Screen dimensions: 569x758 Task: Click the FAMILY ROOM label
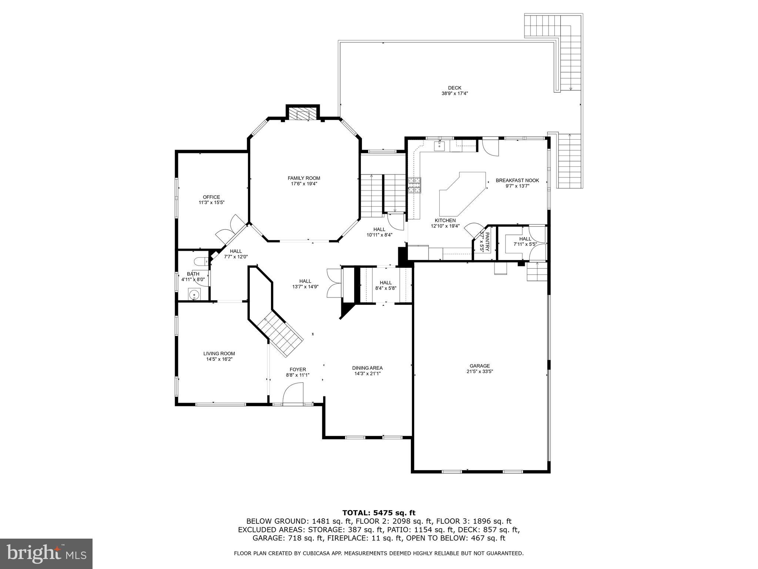[304, 178]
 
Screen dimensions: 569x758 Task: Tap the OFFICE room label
[211, 197]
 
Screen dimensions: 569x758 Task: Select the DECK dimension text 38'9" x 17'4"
[454, 94]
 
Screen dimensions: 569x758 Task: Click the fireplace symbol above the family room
[302, 114]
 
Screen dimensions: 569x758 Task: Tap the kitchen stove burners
[414, 185]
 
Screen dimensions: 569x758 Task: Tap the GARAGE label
[480, 366]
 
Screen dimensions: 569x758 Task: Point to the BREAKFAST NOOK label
[517, 180]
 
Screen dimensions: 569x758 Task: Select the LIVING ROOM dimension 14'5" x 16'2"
[219, 359]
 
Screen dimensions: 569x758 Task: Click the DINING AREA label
[367, 368]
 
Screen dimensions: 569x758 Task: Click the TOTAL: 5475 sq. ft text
[379, 513]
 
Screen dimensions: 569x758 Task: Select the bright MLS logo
[46, 554]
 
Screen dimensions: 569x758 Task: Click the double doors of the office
[229, 230]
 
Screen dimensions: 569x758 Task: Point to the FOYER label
[298, 369]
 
